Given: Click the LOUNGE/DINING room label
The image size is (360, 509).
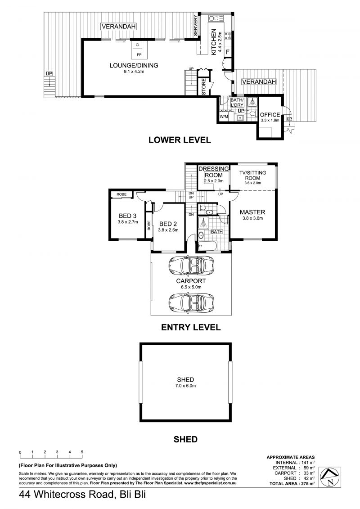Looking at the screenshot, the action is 134,65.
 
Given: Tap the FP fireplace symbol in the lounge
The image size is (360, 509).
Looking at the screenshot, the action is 139,49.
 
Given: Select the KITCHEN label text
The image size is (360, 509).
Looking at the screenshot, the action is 214,42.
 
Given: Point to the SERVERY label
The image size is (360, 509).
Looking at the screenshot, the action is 196,26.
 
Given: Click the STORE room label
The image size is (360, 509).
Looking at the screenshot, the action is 204,87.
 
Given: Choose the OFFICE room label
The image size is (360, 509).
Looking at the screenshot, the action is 270,115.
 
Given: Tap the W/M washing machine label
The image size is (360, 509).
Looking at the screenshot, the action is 224,117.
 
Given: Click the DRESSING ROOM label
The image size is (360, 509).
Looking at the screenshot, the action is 214,172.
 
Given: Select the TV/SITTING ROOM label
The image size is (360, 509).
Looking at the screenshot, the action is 252,176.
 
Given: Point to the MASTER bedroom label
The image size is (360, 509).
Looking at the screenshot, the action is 252,212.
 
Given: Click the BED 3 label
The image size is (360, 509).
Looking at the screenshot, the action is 127,216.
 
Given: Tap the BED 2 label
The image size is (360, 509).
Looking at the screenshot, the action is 168,224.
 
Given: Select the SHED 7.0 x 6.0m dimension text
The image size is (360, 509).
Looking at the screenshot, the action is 185,386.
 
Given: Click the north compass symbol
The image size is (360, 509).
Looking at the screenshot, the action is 329,477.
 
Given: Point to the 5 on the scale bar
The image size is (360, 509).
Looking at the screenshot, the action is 82,452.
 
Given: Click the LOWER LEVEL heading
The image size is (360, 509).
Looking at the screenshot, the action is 180,140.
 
